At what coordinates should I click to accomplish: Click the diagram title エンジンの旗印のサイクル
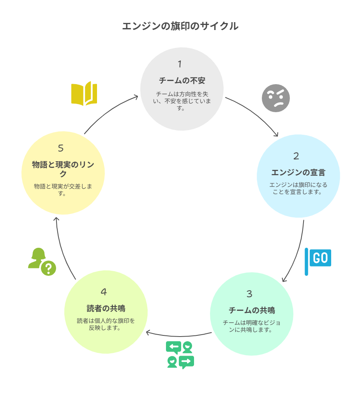pos(180,26)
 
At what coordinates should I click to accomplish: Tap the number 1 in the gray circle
pos(180,64)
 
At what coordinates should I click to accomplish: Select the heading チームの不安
pos(182,81)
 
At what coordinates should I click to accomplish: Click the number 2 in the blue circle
pos(296,156)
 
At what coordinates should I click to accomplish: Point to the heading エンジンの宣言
pos(298,173)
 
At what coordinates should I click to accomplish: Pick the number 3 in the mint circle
pos(249,294)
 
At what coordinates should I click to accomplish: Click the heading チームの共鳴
pos(252,310)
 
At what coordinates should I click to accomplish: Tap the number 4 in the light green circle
pos(104,292)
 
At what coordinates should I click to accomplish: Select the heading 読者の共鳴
pos(106,309)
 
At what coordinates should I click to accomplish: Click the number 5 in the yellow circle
pos(61,148)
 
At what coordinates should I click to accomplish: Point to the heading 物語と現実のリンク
pos(63,169)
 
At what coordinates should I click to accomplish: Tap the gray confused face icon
pos(276,98)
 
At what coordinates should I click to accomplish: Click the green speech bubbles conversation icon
pos(180,355)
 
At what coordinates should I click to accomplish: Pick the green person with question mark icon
pos(42,261)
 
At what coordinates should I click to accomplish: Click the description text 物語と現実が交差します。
pos(63,189)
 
